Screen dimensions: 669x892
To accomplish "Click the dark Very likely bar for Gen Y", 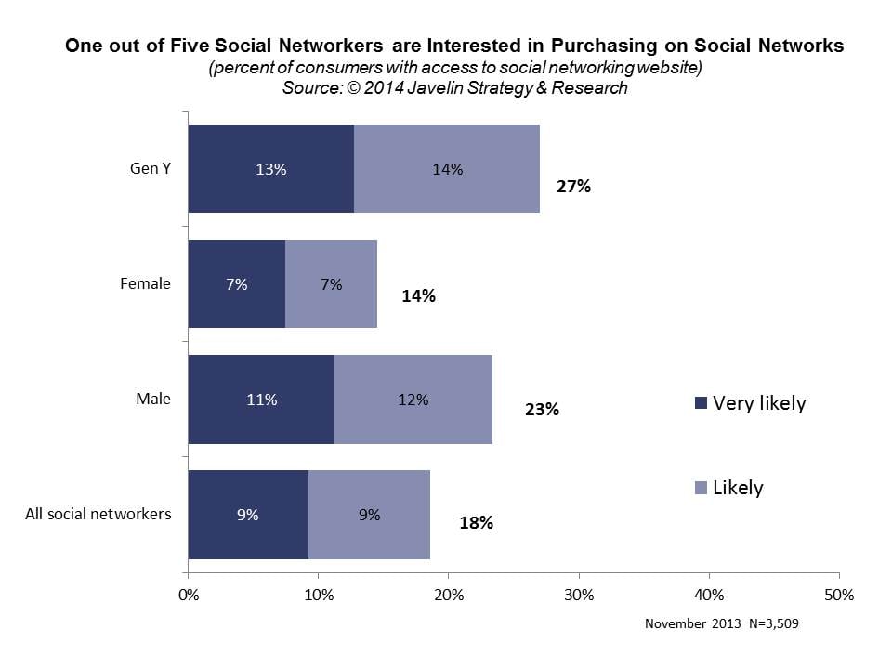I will (x=270, y=169).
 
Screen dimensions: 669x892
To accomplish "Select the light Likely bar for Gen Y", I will (x=447, y=169).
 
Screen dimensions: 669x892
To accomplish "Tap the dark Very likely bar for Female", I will (x=236, y=284).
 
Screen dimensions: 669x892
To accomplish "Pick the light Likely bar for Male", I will (x=413, y=400).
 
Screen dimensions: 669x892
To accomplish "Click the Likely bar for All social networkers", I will (x=369, y=514).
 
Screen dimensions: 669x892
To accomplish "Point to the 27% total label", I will (x=573, y=186).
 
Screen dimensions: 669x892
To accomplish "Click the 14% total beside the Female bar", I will (x=419, y=297).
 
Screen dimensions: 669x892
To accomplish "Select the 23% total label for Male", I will (x=542, y=409).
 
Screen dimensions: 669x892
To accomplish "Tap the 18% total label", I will (x=476, y=522).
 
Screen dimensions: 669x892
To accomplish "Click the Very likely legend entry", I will (x=751, y=403).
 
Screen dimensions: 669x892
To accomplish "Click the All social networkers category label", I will (x=98, y=513).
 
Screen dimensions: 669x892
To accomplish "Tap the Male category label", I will (x=154, y=399).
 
